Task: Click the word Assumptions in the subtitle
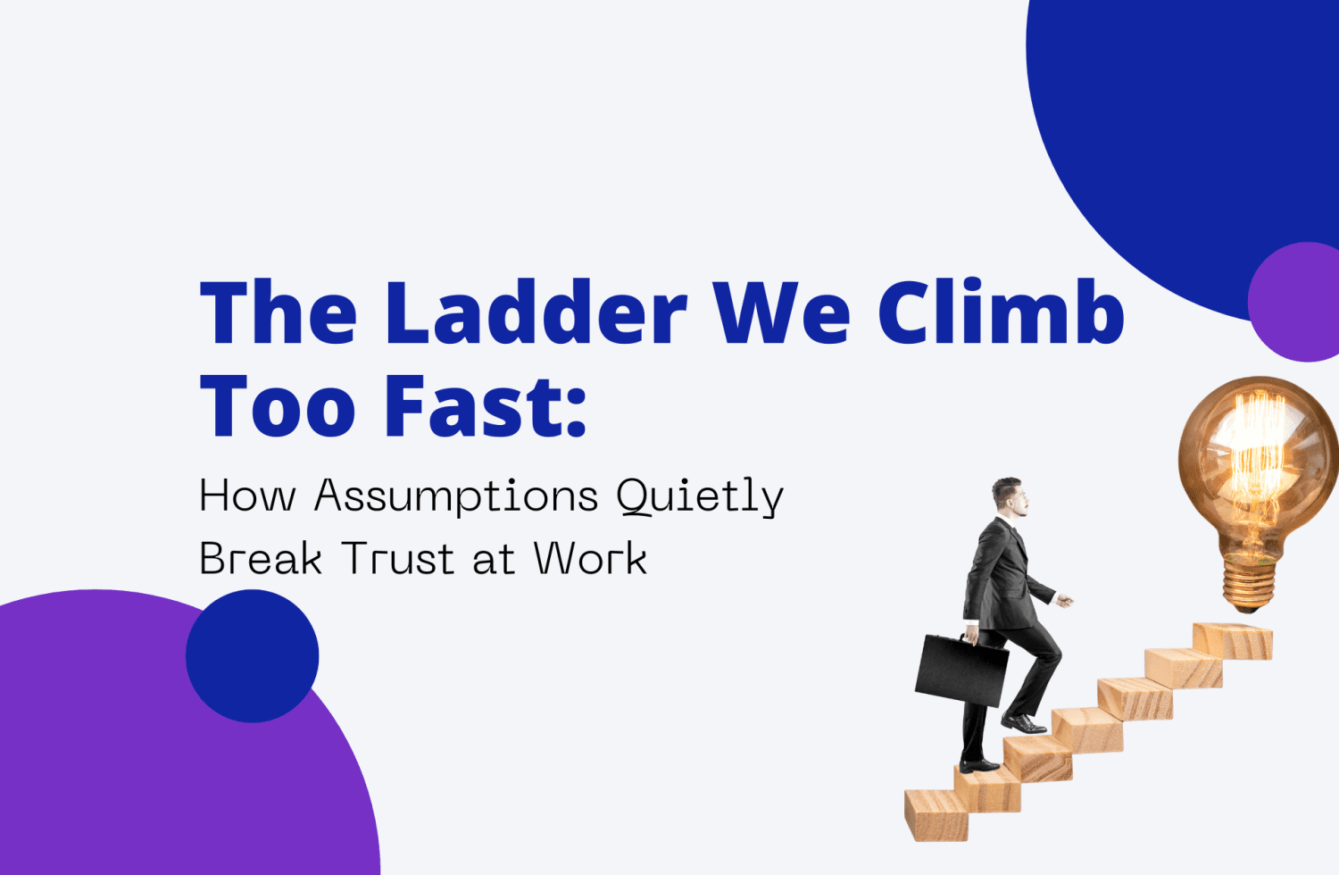456,496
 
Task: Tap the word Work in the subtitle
590,560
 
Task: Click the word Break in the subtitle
260,560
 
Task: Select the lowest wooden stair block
936,814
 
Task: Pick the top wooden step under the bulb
1233,640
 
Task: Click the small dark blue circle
252,655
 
